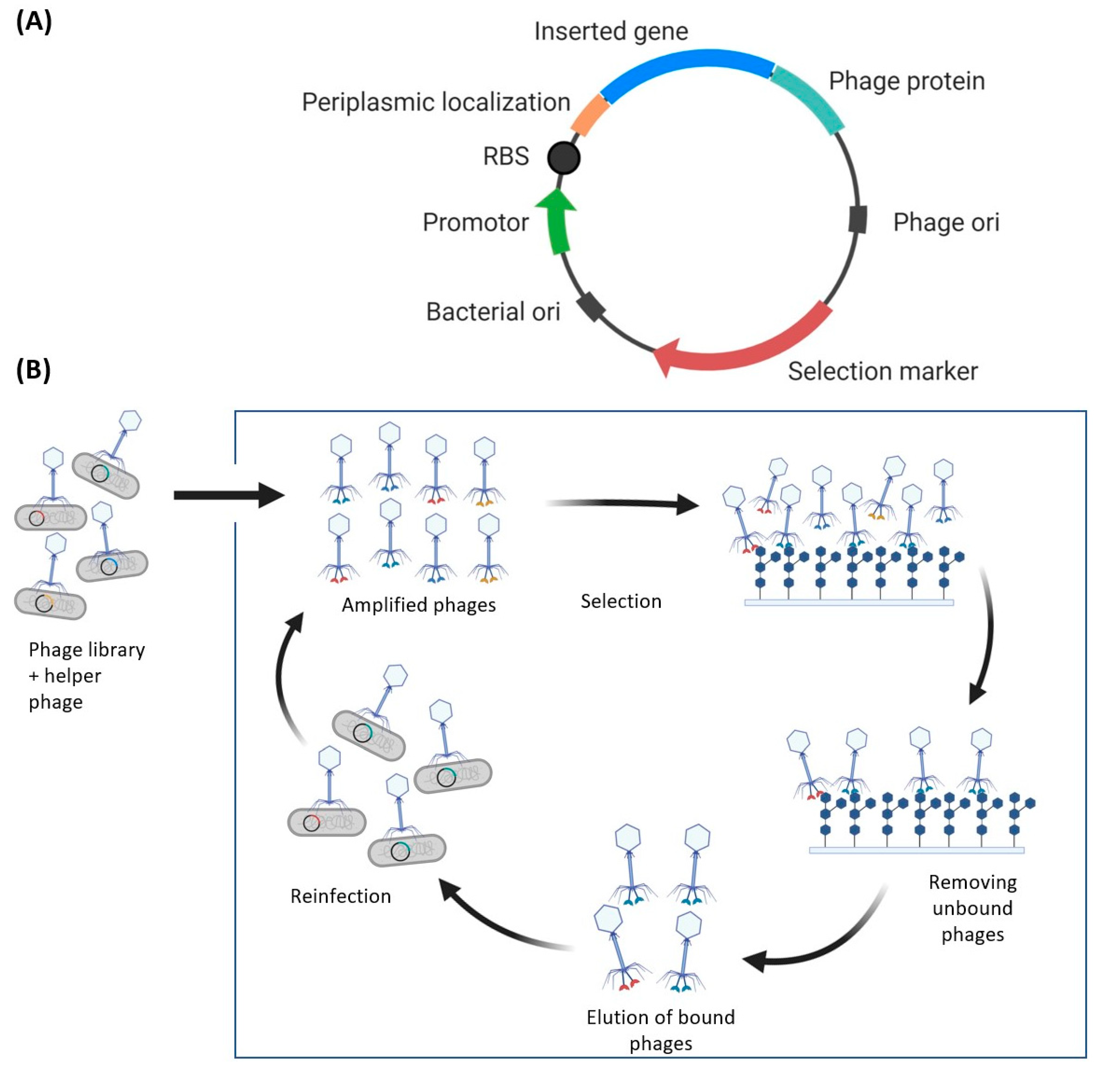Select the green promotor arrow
tap(557, 222)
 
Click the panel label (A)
tap(34, 22)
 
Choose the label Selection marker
tap(882, 372)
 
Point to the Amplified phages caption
tap(419, 605)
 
